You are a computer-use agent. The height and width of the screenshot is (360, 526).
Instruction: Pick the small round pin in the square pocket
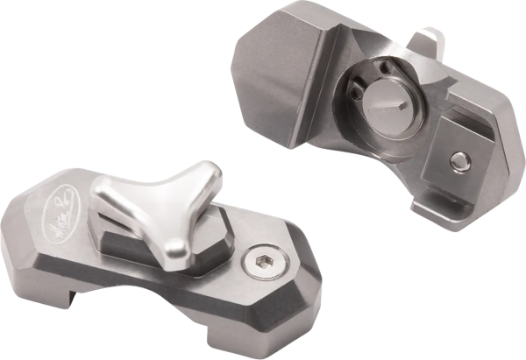point(458,159)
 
